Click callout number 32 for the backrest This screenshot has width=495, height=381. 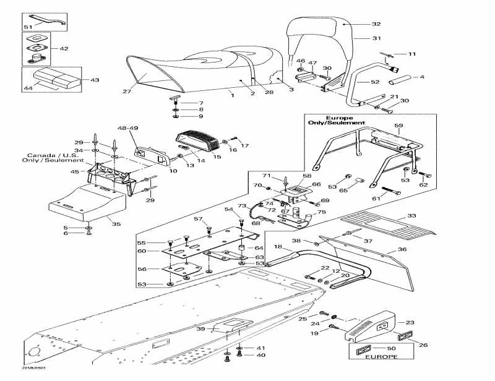pos(376,24)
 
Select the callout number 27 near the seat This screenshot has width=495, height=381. pos(127,92)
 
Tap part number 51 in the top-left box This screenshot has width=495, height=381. pos(27,28)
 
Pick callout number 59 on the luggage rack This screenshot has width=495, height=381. pos(399,126)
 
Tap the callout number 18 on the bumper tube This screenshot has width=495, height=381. pos(278,247)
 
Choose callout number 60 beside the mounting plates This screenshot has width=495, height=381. pos(141,251)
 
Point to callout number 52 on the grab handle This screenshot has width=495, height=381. pos(375,82)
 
